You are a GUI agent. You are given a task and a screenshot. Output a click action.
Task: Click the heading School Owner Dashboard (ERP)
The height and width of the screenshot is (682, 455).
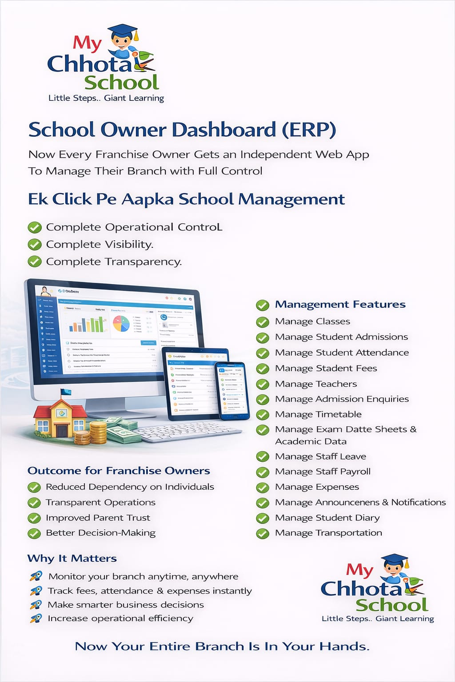coord(182,130)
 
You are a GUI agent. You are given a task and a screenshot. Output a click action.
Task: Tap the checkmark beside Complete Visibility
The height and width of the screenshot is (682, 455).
coord(35,245)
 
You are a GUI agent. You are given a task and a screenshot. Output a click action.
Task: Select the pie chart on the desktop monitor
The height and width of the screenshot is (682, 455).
coord(121,323)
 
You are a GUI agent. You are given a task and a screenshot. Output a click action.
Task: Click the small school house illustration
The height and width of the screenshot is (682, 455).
coord(61,415)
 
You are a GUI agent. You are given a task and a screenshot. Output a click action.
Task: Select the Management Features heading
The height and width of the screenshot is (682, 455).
coord(340,305)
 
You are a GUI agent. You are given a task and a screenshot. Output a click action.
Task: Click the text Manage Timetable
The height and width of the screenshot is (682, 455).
coord(318,414)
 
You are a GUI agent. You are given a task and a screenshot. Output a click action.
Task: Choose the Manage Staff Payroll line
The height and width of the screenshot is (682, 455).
coord(323,472)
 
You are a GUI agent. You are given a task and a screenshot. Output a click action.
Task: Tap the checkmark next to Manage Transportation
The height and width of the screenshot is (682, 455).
coord(263,533)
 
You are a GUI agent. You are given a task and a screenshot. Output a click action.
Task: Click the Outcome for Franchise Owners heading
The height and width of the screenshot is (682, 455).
coord(119,471)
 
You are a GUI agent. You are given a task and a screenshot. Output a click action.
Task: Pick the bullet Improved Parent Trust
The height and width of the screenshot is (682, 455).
coord(98,518)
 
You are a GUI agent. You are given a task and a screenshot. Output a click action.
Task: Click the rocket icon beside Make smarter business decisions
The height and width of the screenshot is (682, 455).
coord(36,605)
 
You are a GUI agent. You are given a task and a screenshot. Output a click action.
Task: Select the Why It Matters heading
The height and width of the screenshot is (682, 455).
coord(72,559)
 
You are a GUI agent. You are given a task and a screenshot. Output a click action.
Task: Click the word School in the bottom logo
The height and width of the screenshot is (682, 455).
coord(391,605)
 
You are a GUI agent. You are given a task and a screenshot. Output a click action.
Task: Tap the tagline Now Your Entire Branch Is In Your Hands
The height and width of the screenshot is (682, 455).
coord(222,646)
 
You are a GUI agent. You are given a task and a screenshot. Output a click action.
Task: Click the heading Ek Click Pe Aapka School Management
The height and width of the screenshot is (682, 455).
coord(186,199)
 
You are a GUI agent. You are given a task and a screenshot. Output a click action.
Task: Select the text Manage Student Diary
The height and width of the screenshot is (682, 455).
coord(327,518)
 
